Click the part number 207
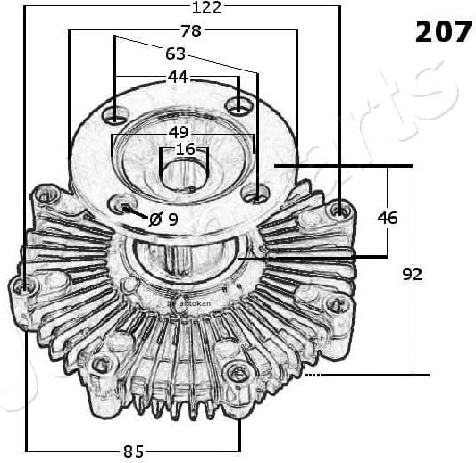tap(443, 31)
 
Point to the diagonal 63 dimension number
tap(176, 54)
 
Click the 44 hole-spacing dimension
tap(178, 77)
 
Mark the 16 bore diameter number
tap(184, 149)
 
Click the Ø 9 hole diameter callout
tap(163, 218)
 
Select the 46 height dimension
tap(387, 217)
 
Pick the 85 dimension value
tap(133, 451)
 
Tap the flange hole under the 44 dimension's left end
tap(115, 115)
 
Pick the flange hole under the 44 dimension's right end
tap(238, 106)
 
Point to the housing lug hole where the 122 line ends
tap(338, 210)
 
